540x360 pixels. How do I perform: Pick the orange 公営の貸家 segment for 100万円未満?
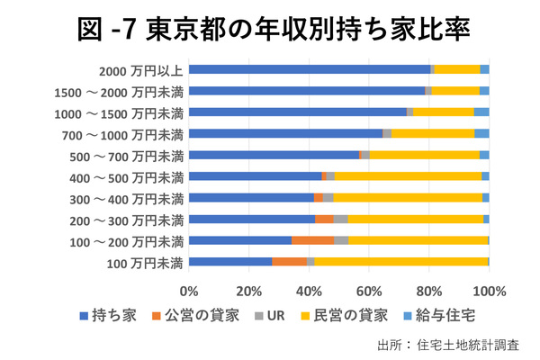point(289,262)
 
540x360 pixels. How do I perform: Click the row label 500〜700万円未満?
point(129,155)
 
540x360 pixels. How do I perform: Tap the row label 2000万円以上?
point(143,69)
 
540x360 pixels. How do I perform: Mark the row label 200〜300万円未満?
point(129,220)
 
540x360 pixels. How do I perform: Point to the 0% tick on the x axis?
point(189,291)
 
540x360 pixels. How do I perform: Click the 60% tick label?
point(369,291)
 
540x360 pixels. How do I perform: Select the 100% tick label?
point(489,291)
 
